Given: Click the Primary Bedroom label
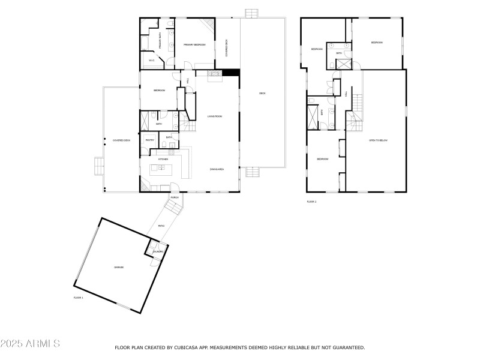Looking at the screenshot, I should [195, 44].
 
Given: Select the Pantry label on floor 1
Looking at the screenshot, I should [149, 140].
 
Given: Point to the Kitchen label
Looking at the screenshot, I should [162, 158].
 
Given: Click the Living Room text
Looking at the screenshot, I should [215, 116].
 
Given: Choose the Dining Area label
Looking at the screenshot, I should [217, 170].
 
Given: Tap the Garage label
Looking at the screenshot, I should [119, 267].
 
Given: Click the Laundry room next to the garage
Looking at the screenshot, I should [157, 251].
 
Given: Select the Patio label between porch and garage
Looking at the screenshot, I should [161, 226].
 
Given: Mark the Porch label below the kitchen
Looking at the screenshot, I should [175, 197].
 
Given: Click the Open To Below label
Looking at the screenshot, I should [379, 140].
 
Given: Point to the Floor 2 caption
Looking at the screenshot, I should [311, 202].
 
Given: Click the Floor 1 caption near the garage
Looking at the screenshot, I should [78, 298].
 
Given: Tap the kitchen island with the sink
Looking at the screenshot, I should [161, 167].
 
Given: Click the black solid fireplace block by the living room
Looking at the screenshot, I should [231, 73].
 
